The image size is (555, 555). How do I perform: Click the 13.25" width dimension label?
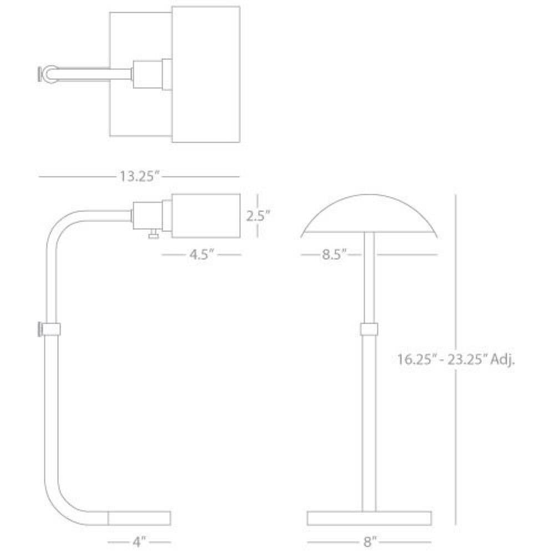[x=139, y=176]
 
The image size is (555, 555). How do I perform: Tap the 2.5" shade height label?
[x=258, y=215]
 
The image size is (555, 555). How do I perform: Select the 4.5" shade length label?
[x=201, y=254]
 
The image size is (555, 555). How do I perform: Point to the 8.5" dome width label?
[x=334, y=254]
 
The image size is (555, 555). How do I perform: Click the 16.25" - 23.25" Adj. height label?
[x=456, y=360]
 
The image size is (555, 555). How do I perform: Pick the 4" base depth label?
[x=139, y=542]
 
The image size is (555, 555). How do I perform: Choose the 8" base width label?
[x=369, y=542]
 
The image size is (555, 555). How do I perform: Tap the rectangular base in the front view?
[x=369, y=518]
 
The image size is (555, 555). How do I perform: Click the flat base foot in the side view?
[x=139, y=518]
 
